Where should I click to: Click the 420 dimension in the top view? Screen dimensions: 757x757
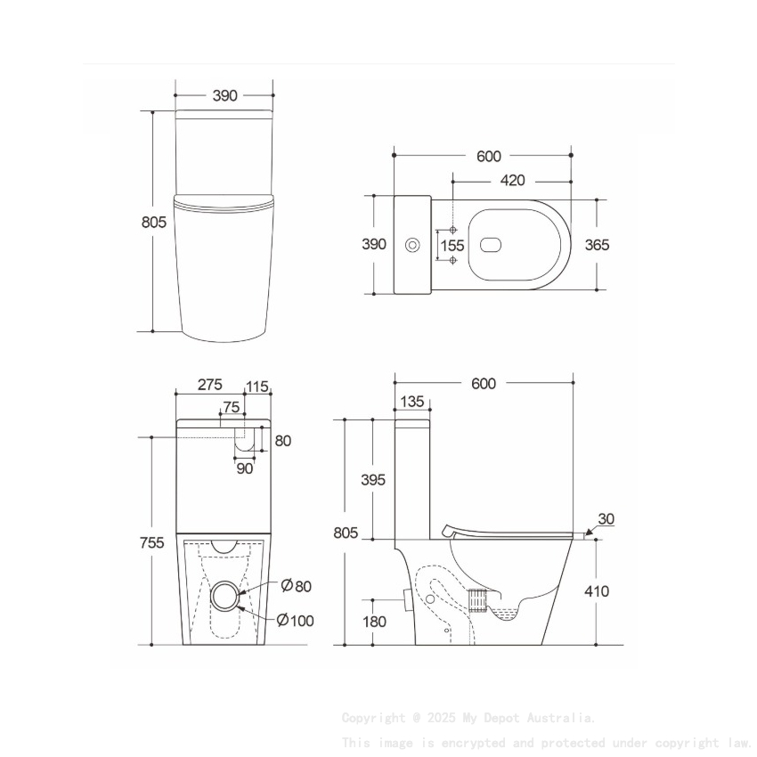pyautogui.click(x=511, y=181)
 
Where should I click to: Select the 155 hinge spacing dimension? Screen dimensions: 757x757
pyautogui.click(x=452, y=245)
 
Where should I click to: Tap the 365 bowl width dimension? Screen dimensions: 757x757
pyautogui.click(x=597, y=245)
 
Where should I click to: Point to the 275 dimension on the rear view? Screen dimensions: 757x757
pyautogui.click(x=209, y=385)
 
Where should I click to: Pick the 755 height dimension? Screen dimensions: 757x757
pyautogui.click(x=153, y=543)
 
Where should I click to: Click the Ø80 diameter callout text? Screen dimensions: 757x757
pyautogui.click(x=297, y=585)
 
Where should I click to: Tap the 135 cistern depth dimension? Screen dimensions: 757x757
pyautogui.click(x=412, y=402)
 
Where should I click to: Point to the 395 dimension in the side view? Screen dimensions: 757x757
pyautogui.click(x=372, y=479)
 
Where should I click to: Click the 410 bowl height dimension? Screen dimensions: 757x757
pyautogui.click(x=597, y=591)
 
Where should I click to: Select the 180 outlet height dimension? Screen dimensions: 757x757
pyautogui.click(x=375, y=621)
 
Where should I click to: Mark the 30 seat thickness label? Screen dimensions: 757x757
pyautogui.click(x=606, y=519)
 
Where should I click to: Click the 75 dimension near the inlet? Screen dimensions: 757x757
pyautogui.click(x=231, y=407)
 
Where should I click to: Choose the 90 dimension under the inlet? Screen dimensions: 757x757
pyautogui.click(x=244, y=468)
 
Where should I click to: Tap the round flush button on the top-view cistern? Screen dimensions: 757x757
pyautogui.click(x=412, y=245)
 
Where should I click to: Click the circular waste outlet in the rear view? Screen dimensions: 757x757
pyautogui.click(x=226, y=596)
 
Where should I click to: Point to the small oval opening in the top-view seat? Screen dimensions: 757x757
pyautogui.click(x=491, y=245)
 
